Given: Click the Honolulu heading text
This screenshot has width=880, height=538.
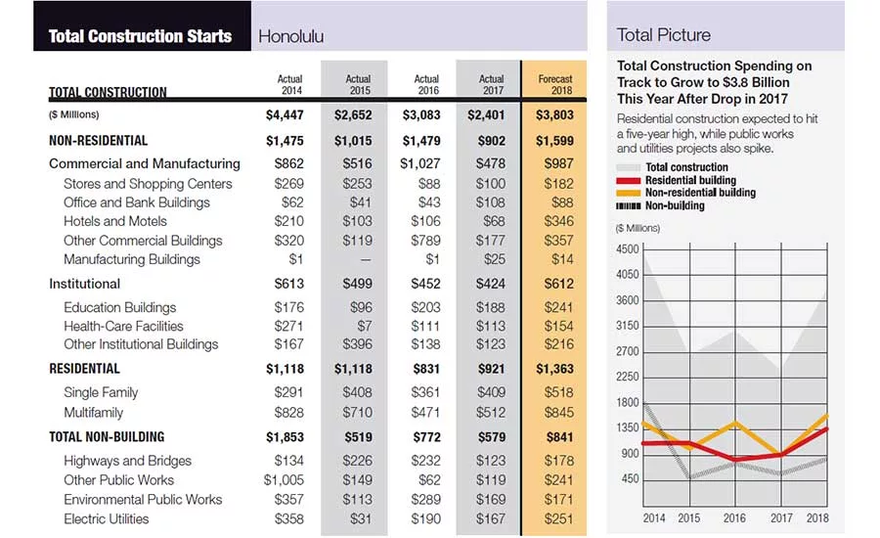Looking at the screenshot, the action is point(290,36).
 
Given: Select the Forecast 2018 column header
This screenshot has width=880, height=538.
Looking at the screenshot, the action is point(555,85).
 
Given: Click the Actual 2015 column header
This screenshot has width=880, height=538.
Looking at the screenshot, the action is point(358,85).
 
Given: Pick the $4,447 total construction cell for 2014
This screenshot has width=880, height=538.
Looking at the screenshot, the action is point(285,115).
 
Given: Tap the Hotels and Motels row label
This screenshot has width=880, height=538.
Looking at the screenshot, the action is point(115,221).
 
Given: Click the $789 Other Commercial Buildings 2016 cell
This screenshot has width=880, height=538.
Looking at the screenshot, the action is point(425,241).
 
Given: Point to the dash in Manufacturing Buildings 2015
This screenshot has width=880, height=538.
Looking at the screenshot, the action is point(366,260).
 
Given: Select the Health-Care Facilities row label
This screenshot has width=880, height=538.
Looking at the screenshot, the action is point(123,327).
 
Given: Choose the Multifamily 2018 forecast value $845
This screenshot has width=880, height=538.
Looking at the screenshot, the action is point(559,413).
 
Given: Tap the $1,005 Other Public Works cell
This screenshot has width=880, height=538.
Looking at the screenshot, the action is point(284,480).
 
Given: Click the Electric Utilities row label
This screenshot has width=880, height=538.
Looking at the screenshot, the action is point(106,518).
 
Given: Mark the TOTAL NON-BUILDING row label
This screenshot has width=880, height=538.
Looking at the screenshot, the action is point(107,437).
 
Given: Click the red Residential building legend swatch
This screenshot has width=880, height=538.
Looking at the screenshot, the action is point(628,181).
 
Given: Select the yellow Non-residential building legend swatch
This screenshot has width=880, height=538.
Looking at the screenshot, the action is point(628,193).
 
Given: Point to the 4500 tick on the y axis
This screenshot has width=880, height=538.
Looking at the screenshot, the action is point(628,249).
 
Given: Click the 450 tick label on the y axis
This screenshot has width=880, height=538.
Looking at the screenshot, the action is point(631,479).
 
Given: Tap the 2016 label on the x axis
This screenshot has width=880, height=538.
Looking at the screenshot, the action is point(734,517).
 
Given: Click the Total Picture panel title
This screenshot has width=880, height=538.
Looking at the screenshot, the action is point(663,35).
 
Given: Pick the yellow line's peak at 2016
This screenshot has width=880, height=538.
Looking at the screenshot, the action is point(735,423).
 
